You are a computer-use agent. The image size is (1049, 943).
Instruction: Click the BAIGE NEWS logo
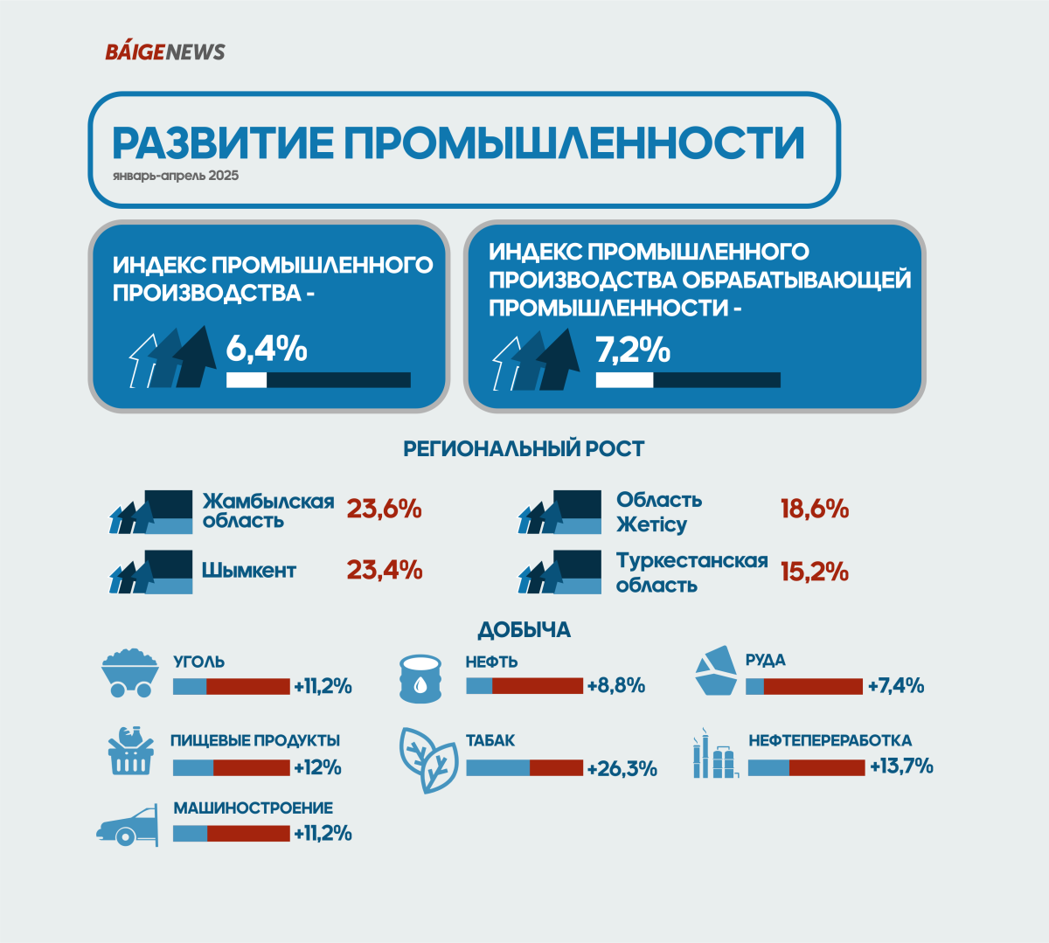tap(165, 52)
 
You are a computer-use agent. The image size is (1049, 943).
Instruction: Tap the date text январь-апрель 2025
tap(176, 176)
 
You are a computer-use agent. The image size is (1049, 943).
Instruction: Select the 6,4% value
tap(267, 349)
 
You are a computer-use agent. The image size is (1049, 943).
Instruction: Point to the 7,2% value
tap(633, 350)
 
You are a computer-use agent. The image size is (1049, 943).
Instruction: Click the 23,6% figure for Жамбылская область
tap(385, 509)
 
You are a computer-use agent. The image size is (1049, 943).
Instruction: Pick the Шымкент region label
tap(249, 571)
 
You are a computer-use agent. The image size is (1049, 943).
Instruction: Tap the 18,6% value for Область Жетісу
tap(815, 509)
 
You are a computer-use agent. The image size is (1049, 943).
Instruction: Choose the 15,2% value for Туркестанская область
tap(815, 572)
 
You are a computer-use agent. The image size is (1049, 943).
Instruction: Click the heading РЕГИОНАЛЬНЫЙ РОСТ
tap(524, 449)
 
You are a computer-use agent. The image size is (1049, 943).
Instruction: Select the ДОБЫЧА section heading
tap(524, 630)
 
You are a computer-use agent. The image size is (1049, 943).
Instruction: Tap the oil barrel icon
tap(421, 678)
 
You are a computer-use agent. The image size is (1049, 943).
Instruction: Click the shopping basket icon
tap(131, 750)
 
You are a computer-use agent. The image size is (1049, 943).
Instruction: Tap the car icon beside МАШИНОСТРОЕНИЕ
tap(128, 825)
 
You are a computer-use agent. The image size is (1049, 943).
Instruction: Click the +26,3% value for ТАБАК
tap(622, 769)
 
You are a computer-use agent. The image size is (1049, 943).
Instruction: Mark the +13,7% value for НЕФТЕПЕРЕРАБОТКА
tap(901, 766)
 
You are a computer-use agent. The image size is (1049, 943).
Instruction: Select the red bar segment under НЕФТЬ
tap(538, 686)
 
